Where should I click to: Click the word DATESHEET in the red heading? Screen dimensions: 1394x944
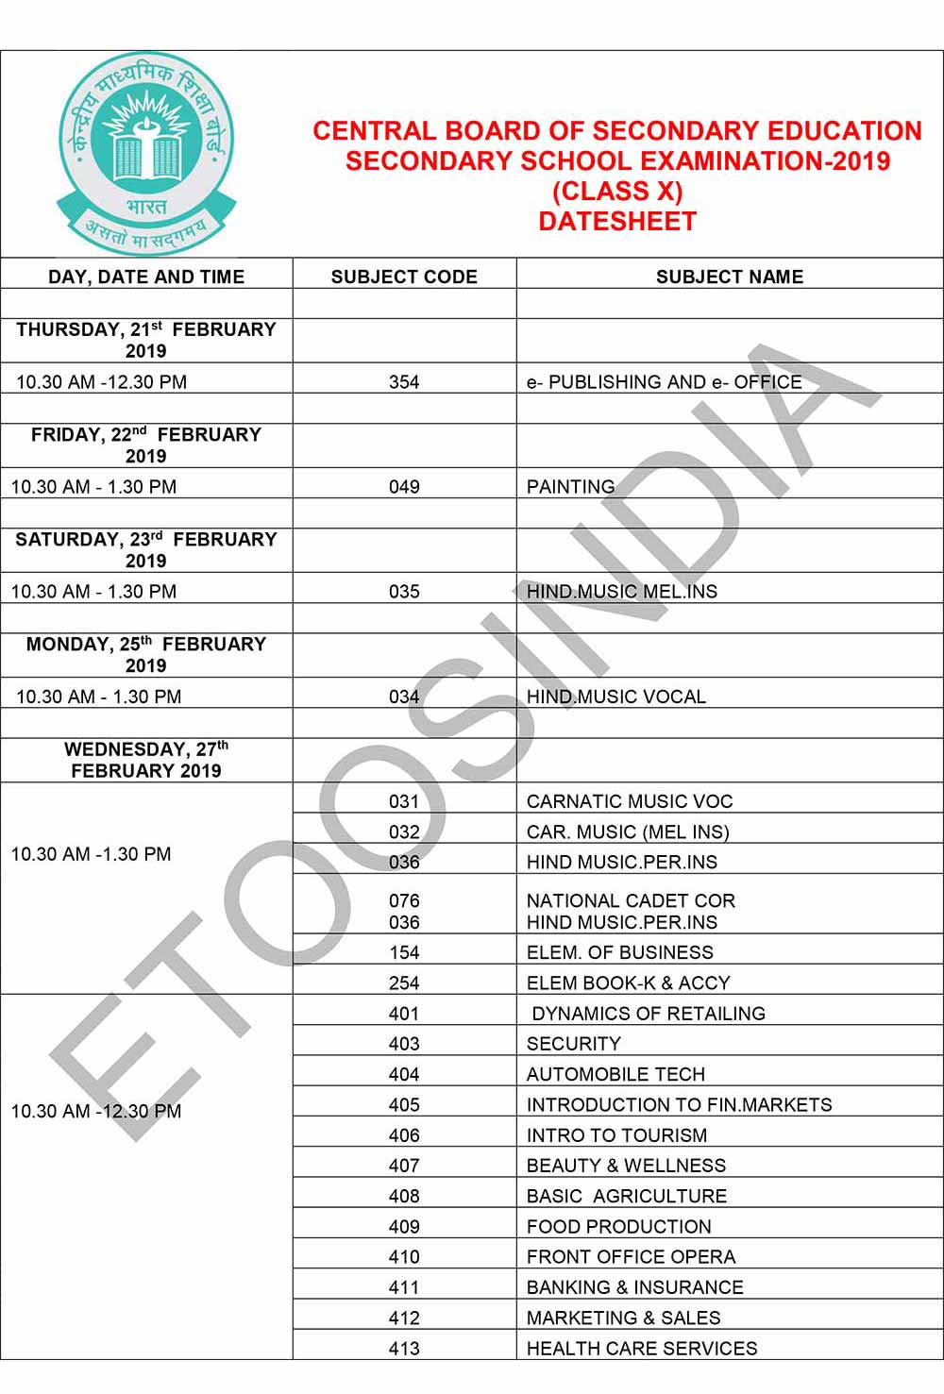tap(617, 222)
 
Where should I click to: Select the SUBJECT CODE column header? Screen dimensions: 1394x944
tap(404, 277)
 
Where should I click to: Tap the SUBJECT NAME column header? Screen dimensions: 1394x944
tap(730, 277)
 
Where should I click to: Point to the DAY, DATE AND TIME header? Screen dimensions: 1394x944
tap(146, 277)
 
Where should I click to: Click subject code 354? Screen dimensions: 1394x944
tap(404, 382)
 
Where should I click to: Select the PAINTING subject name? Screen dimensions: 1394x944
tap(571, 487)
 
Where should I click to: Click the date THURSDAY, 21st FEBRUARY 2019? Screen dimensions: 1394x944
tap(146, 340)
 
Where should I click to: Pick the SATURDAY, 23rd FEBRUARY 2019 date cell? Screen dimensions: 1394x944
tap(146, 549)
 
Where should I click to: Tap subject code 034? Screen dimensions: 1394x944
tap(404, 697)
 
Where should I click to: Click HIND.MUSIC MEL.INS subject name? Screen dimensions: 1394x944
tap(622, 592)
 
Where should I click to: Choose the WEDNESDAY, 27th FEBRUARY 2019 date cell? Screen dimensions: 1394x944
tap(146, 760)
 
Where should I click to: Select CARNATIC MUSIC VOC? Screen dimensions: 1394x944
tap(630, 801)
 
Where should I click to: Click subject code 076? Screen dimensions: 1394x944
tap(404, 900)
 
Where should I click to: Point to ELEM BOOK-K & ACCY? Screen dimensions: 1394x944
tap(629, 983)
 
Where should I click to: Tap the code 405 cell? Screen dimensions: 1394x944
tap(404, 1104)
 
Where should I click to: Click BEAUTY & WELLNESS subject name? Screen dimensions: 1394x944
tap(627, 1166)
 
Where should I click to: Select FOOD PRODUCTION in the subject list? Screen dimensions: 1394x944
tap(619, 1226)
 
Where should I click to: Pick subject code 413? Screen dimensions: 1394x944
tap(404, 1348)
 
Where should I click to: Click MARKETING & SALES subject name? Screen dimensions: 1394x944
tap(624, 1318)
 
